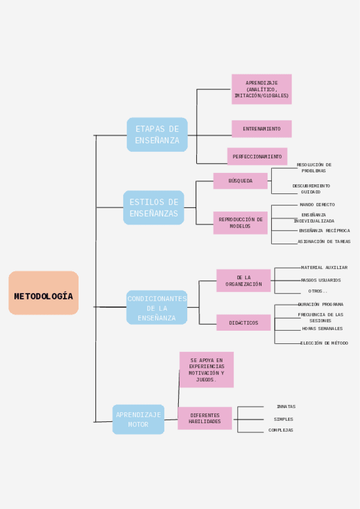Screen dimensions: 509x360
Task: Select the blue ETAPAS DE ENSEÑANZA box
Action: pyautogui.click(x=157, y=134)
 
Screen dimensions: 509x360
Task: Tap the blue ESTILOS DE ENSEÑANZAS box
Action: pyautogui.click(x=154, y=208)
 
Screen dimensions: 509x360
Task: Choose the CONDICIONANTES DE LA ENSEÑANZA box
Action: pyautogui.click(x=157, y=308)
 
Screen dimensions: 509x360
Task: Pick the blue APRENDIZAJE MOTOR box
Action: pyautogui.click(x=138, y=420)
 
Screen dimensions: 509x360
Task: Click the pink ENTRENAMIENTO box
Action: pyautogui.click(x=262, y=129)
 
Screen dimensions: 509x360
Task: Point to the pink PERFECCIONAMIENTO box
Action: pyautogui.click(x=257, y=157)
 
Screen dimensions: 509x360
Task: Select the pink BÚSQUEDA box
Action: pyautogui.click(x=240, y=181)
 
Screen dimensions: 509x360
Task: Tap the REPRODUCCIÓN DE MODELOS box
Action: pyautogui.click(x=240, y=223)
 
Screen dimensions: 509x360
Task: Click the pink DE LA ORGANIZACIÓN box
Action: pyautogui.click(x=244, y=280)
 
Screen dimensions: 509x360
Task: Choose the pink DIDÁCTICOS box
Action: pyautogui.click(x=243, y=323)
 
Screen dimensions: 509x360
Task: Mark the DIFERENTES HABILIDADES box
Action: pyautogui.click(x=205, y=418)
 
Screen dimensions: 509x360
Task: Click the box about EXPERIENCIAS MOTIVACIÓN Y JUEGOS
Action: pyautogui.click(x=206, y=370)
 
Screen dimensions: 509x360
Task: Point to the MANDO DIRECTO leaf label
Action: pyautogui.click(x=317, y=205)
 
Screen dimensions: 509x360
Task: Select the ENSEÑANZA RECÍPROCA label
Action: pyautogui.click(x=324, y=230)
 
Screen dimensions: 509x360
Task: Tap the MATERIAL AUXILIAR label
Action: pyautogui.click(x=324, y=268)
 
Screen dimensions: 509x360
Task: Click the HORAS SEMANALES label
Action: pyautogui.click(x=322, y=329)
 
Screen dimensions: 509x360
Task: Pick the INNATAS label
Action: pyautogui.click(x=286, y=407)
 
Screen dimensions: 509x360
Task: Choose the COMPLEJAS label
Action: pyautogui.click(x=281, y=430)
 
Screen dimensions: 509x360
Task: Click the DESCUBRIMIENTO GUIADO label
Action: pyautogui.click(x=311, y=188)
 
